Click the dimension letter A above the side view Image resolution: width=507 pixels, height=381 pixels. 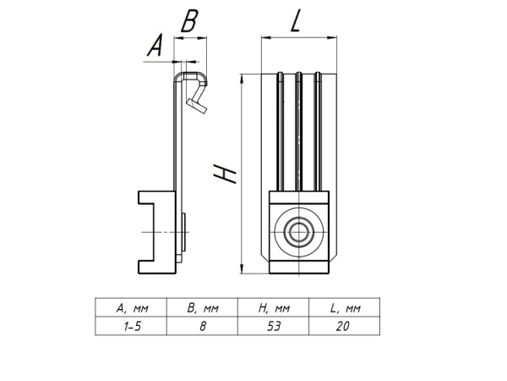[x=155, y=47]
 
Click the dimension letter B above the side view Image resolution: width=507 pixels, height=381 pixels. [x=190, y=21]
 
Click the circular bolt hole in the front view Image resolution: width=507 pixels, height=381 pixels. [x=297, y=231]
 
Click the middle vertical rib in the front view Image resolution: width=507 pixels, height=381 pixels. [x=297, y=131]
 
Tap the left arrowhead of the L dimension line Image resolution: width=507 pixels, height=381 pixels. [x=264, y=37]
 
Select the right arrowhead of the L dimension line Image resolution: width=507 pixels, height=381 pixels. [x=332, y=37]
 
